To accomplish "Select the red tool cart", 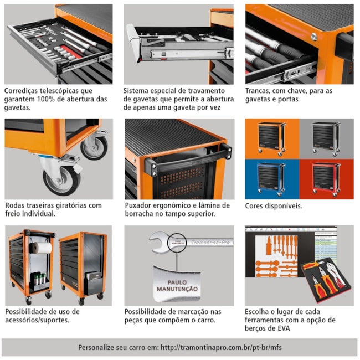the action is pos(326,179).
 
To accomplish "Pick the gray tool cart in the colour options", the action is pos(326,139).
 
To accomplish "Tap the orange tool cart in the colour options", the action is pos(271,139).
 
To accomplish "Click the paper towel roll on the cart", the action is pos(40,248).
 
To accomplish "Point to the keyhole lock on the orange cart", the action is pos(314,37).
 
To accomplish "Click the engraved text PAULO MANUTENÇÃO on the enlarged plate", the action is pos(177,286).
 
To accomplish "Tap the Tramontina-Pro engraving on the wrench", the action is pos(210,242).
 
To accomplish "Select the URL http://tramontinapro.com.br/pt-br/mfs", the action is pos(221,348).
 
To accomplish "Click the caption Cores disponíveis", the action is pos(274,205).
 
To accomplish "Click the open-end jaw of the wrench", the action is pos(158,242).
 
